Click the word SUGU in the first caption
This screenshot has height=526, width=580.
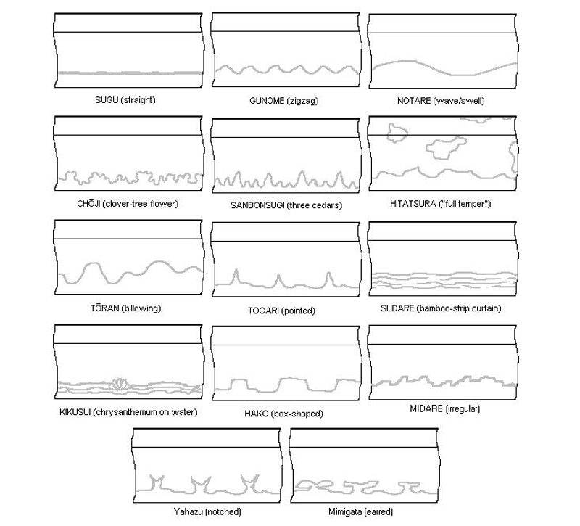point(107,100)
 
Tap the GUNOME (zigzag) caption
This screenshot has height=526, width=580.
point(283,101)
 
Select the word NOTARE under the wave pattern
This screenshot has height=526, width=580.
point(414,101)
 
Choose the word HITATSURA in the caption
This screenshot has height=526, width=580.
point(413,204)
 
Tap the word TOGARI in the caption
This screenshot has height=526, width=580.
point(263,311)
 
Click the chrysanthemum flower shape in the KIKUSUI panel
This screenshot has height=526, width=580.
point(119,384)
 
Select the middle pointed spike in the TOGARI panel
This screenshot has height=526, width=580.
point(278,282)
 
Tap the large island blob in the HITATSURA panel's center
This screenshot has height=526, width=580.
point(444,148)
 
